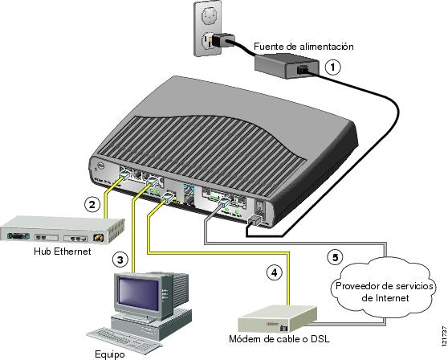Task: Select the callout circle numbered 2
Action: (93, 205)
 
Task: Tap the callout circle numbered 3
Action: (119, 260)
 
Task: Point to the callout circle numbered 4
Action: (274, 272)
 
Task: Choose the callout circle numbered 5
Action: (337, 258)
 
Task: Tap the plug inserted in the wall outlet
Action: (221, 39)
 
